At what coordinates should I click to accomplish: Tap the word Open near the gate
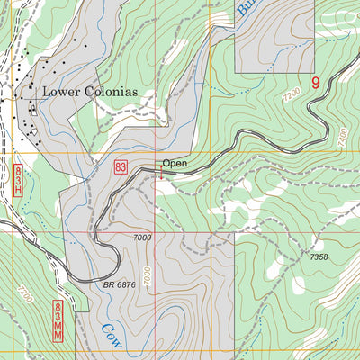point(174,164)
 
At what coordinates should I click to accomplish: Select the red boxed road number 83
point(121,167)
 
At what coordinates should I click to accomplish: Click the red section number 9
point(316,83)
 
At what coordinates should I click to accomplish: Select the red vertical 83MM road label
point(58,321)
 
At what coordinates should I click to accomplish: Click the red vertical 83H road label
point(19,184)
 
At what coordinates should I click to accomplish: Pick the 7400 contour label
point(341,137)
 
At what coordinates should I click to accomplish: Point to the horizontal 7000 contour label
point(140,237)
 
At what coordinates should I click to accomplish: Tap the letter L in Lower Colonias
point(46,91)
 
